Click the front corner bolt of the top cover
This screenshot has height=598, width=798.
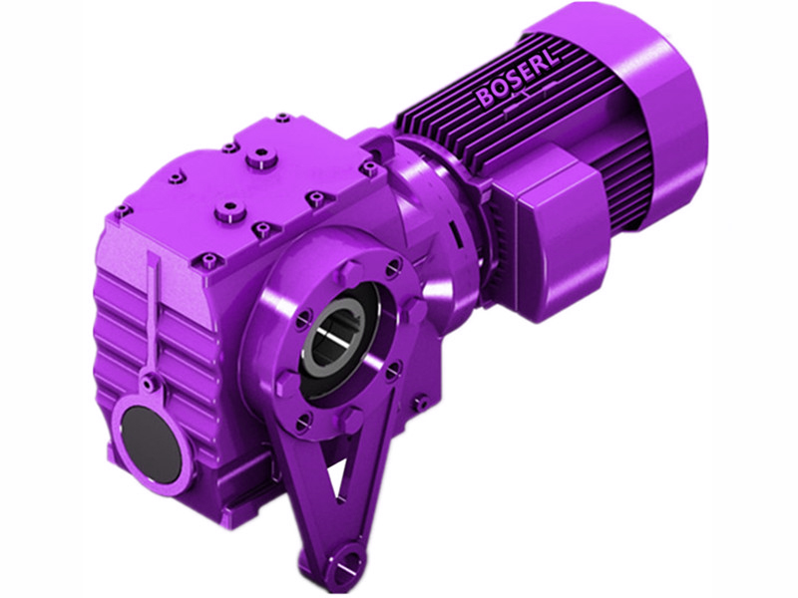[208, 262]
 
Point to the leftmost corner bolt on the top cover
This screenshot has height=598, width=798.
[123, 211]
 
